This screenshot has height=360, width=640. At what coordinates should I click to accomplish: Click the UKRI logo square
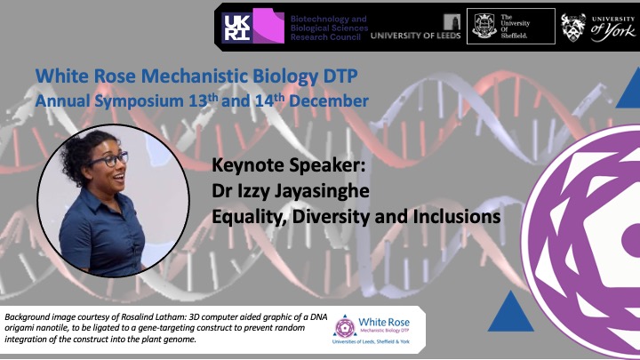[x=237, y=28]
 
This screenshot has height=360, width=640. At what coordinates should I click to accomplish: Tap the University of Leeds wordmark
[x=415, y=36]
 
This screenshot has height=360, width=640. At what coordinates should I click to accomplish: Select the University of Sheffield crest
[x=484, y=26]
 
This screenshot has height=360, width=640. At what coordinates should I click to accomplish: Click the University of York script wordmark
[x=613, y=30]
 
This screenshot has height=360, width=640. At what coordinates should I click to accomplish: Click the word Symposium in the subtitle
[x=140, y=101]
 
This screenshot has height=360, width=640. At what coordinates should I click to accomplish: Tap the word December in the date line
[x=329, y=100]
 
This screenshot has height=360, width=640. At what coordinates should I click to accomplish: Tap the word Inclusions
[x=457, y=216]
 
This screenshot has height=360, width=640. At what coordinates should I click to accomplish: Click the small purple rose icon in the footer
[x=345, y=327]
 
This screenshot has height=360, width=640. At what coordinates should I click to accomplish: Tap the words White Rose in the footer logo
[x=384, y=322]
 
